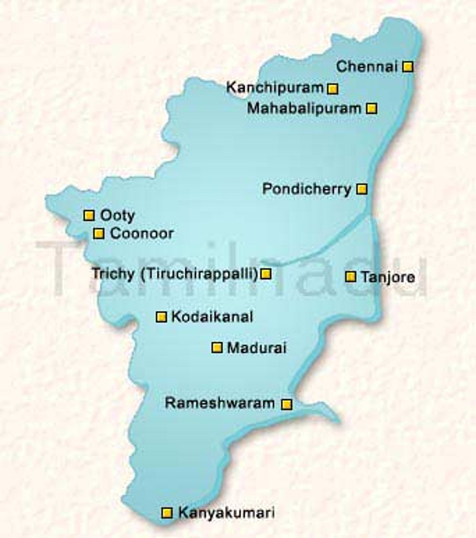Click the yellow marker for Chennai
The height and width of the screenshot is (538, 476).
(408, 67)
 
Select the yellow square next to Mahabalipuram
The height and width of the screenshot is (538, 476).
(372, 108)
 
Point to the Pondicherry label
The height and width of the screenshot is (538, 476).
(307, 189)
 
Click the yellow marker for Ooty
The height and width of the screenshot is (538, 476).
(89, 215)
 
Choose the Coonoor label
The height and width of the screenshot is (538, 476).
(142, 233)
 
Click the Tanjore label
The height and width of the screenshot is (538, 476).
(387, 277)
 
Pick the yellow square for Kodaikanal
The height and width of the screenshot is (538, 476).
(161, 316)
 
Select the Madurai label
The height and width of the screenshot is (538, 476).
(257, 348)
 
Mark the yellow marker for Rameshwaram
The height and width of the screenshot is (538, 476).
(286, 404)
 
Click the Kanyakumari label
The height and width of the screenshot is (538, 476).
(226, 513)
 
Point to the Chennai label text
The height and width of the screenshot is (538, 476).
(367, 66)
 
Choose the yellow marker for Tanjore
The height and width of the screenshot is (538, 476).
(350, 277)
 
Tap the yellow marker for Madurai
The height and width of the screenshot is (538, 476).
(217, 348)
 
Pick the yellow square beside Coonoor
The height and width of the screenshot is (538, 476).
(99, 233)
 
